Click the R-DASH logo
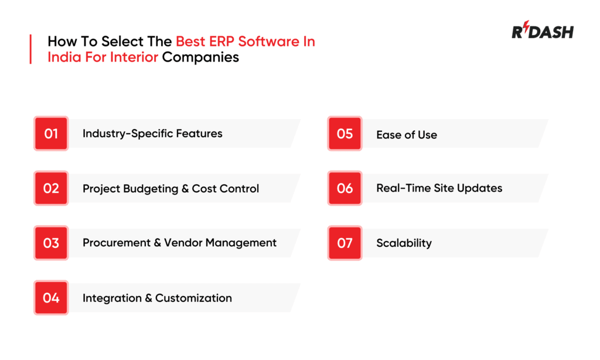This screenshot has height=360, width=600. [542, 32]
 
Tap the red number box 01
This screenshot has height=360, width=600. [51, 134]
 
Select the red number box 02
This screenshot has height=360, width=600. [51, 188]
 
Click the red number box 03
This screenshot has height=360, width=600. [51, 243]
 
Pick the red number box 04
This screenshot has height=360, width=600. [51, 298]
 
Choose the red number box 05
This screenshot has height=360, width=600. [345, 134]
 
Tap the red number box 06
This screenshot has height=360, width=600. [345, 188]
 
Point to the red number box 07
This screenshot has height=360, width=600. [345, 243]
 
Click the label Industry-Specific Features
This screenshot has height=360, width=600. [152, 134]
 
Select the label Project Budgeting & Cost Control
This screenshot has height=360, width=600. [171, 189]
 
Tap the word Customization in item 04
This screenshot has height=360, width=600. [193, 298]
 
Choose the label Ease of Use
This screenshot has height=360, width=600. [407, 135]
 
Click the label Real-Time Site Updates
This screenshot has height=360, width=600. [439, 188]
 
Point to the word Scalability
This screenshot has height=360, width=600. [404, 243]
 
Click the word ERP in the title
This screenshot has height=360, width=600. [224, 42]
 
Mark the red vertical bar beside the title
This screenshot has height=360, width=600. [30, 49]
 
